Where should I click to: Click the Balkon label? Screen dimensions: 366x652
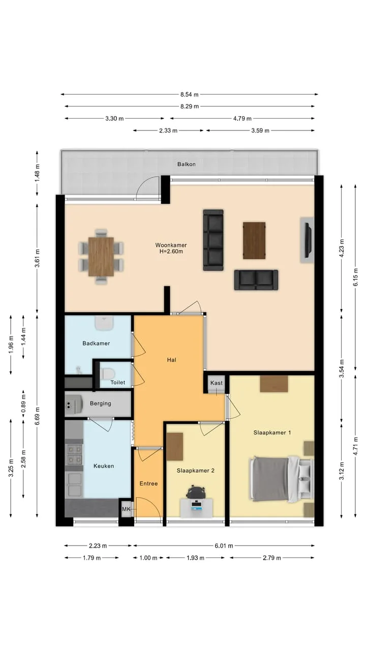point(186,164)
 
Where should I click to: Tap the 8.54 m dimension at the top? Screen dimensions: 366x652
point(190,94)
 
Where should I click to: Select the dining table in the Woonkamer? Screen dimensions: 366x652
point(101,256)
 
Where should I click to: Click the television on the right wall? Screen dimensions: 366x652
point(308,240)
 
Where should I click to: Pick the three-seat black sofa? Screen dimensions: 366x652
point(213,240)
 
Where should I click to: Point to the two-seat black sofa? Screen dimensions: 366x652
point(256,280)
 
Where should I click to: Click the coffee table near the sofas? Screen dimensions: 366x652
point(254,240)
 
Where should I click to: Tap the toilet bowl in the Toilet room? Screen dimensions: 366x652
point(107,373)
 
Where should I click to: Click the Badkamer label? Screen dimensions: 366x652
point(96,343)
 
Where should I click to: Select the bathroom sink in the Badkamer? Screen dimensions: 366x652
point(104,323)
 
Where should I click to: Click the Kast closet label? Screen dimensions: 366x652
point(217,383)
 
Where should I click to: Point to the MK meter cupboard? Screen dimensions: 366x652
point(127,509)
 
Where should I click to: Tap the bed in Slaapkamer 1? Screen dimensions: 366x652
point(282,479)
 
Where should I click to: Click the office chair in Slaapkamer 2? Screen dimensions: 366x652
point(196,493)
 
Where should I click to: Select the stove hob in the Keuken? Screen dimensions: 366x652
point(75,454)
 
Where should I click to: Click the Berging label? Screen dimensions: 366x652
point(101,403)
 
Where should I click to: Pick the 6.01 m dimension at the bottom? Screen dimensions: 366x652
point(224,546)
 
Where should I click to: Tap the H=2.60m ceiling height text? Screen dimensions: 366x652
point(171,252)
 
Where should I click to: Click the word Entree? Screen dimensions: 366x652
point(148,483)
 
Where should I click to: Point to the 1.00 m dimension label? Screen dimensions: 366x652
point(148,558)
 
